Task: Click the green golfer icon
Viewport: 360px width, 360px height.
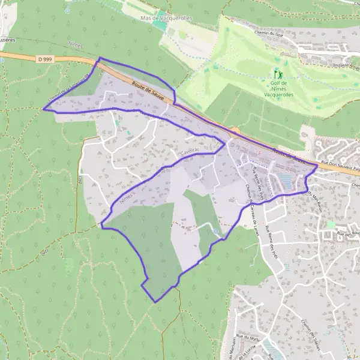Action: (277, 74)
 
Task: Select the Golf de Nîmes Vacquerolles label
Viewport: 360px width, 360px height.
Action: (277, 88)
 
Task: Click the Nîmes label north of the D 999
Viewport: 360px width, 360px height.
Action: (76, 45)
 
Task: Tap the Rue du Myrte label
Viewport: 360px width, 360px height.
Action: (248, 340)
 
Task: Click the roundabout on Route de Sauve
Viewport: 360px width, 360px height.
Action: (235, 130)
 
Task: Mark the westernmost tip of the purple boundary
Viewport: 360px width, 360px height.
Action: (43, 109)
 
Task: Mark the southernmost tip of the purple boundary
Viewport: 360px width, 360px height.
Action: (155, 302)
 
